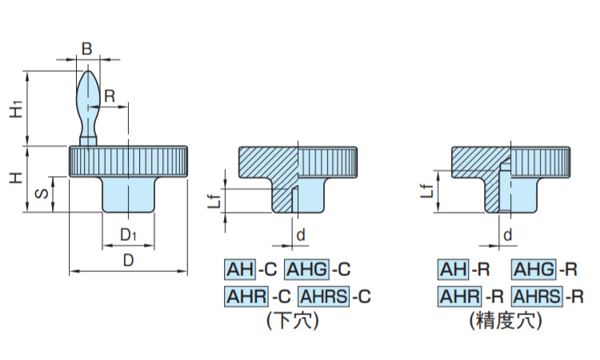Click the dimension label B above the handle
(87, 50)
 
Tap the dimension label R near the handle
(110, 95)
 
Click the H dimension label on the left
(15, 178)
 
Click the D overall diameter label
(127, 261)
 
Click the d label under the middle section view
(300, 234)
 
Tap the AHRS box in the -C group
(323, 296)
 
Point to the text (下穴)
(292, 322)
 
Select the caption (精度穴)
(506, 322)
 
